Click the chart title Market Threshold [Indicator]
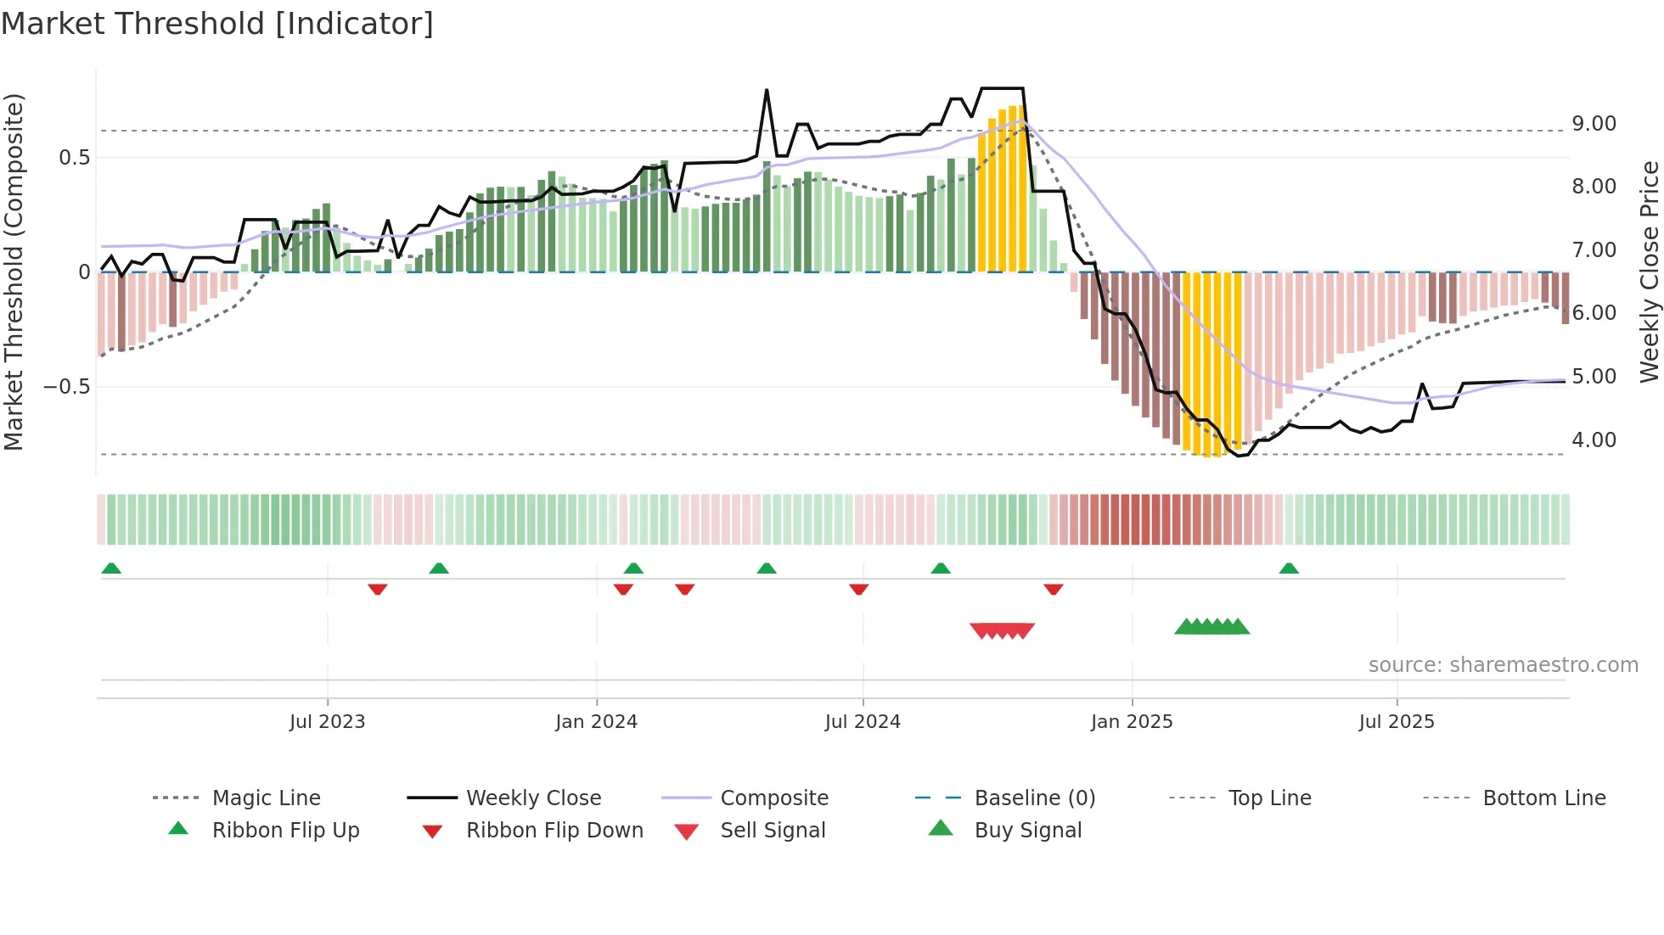click(x=217, y=24)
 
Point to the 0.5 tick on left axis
click(x=74, y=158)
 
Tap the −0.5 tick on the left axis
click(x=67, y=387)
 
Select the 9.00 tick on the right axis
click(x=1594, y=124)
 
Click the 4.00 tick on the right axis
click(x=1594, y=440)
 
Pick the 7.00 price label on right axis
click(x=1594, y=250)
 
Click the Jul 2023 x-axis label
click(x=327, y=722)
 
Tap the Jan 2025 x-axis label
click(x=1131, y=722)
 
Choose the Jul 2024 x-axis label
click(x=862, y=722)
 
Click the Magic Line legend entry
click(x=266, y=798)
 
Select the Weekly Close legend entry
click(x=533, y=798)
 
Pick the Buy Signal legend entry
click(x=1027, y=831)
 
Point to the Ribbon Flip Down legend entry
click(x=554, y=831)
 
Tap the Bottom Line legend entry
click(x=1543, y=798)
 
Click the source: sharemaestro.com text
click(x=1503, y=665)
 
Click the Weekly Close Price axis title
click(x=1649, y=272)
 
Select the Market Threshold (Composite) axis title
click(x=14, y=272)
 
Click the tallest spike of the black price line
click(x=767, y=90)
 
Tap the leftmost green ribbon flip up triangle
click(x=111, y=568)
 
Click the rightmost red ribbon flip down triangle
click(x=1054, y=589)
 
